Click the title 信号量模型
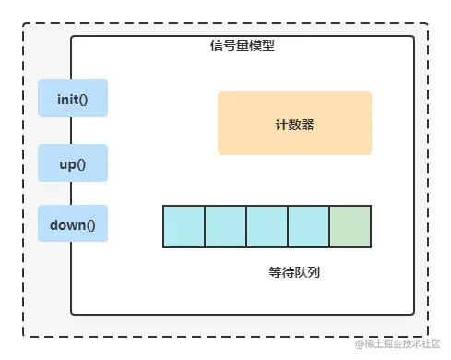pos(243,46)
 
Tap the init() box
pos(73,99)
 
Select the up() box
pos(73,162)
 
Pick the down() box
pos(73,223)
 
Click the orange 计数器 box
pos(294,123)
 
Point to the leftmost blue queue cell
pos(184,226)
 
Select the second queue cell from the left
pos(225,226)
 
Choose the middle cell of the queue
pos(267,226)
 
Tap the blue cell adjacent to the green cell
pos(308,226)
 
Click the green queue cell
pos(350,226)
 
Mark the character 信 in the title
pos(217,46)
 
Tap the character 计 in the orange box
pos(281,124)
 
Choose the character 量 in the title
pos(243,46)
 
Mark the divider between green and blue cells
pos(329,226)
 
